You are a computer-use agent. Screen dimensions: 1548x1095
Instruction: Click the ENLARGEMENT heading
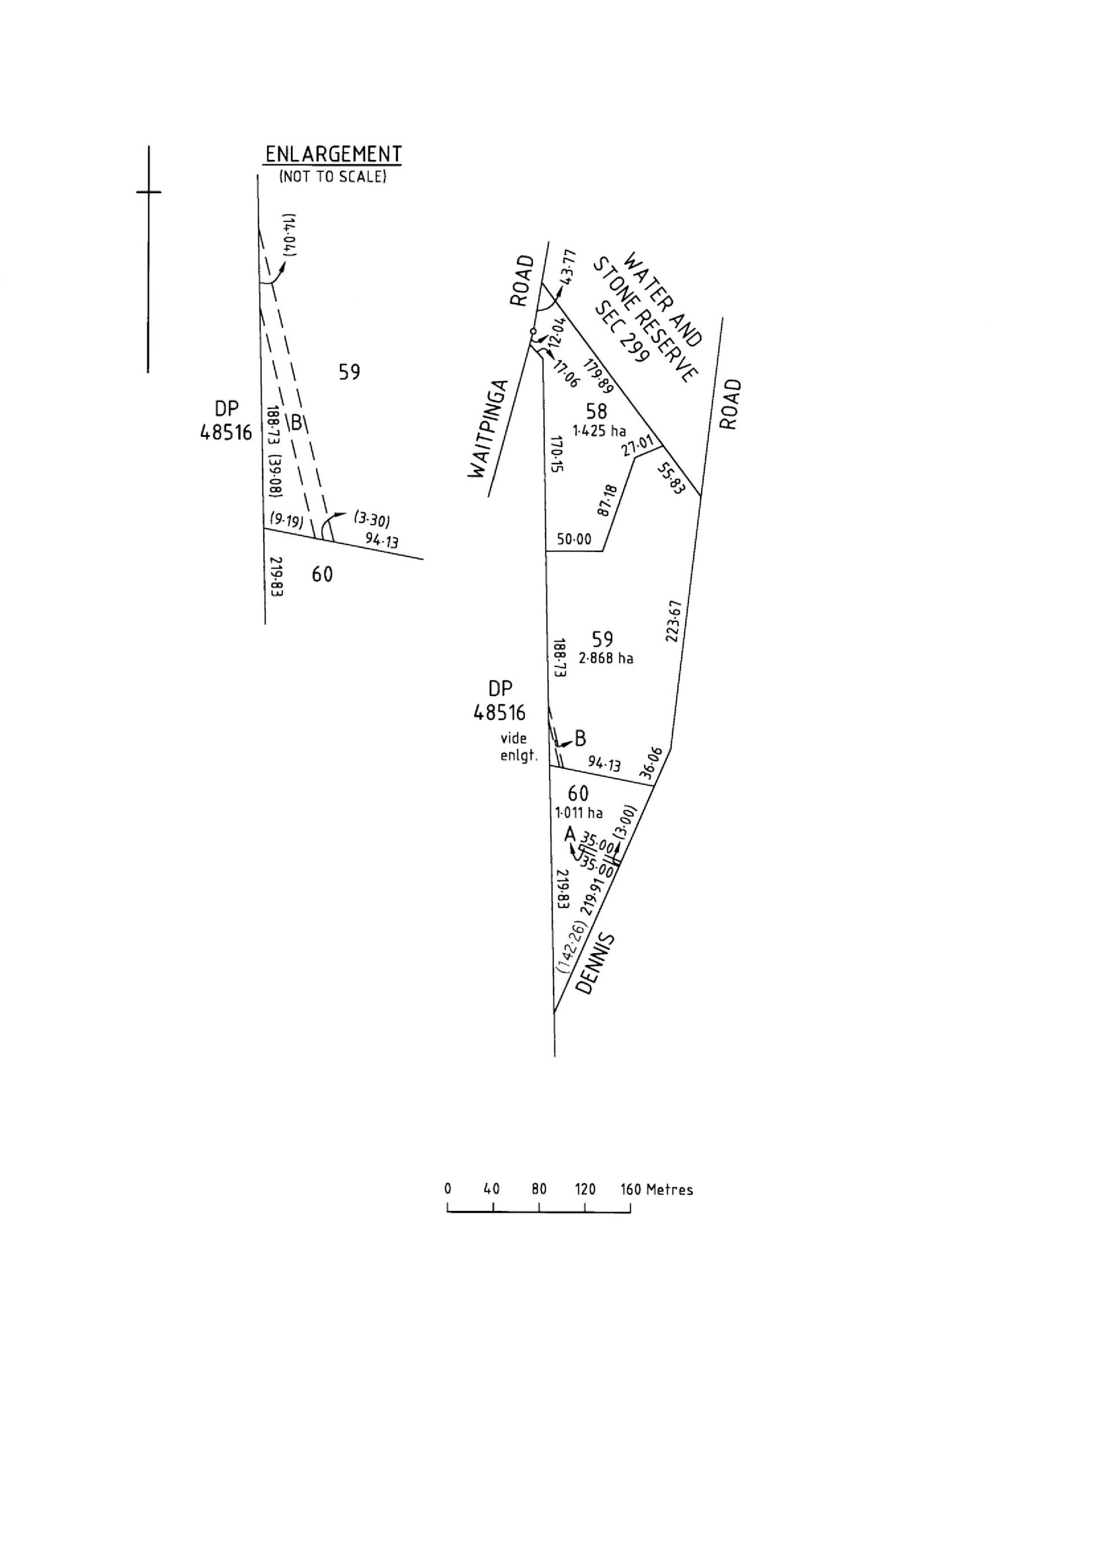(333, 155)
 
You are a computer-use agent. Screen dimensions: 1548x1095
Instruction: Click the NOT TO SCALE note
(333, 177)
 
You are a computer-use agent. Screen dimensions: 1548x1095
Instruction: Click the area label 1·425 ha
(599, 431)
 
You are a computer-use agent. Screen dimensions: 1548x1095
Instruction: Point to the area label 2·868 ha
(606, 658)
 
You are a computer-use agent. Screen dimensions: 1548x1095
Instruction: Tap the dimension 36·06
(652, 763)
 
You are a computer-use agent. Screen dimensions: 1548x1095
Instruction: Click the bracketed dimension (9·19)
(286, 520)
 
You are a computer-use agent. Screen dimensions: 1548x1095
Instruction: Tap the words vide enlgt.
(518, 747)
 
